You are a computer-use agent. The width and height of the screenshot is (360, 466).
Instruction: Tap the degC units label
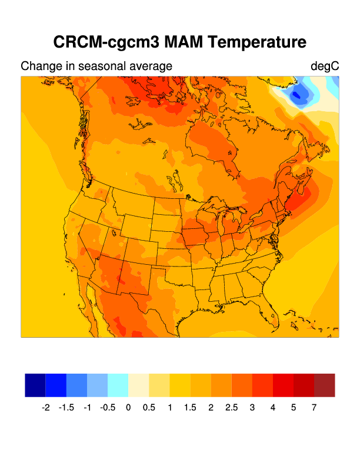325,66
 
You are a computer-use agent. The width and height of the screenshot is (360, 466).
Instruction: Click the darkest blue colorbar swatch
35,385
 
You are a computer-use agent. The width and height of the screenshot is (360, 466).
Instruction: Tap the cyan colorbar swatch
118,385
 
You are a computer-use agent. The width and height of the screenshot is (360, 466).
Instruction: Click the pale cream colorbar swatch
138,385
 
